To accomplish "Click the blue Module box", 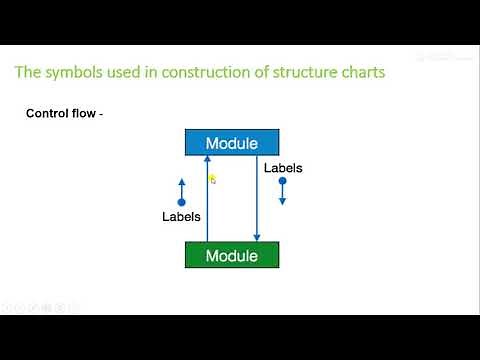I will [x=232, y=143].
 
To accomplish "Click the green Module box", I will [x=232, y=256].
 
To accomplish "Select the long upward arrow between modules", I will [x=207, y=200].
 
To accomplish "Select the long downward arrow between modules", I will [x=258, y=200].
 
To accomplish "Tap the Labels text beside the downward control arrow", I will [x=283, y=168].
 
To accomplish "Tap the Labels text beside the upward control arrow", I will [x=181, y=216].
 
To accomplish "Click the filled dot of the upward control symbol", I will [x=181, y=200].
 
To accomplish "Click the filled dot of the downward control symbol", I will [x=283, y=182].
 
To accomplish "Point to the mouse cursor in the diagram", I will [x=212, y=180].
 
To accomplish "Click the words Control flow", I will [x=59, y=114].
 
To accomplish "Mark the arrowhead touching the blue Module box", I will [x=207, y=161].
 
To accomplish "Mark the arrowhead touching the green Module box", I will [x=258, y=238].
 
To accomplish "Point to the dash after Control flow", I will [x=101, y=114].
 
